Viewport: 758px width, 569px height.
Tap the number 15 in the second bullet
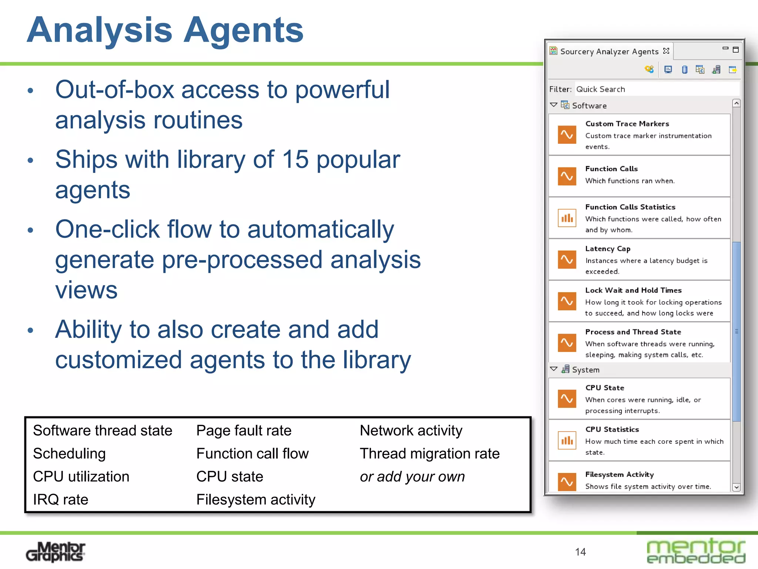[x=295, y=160]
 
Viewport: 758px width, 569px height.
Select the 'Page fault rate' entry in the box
[x=244, y=430]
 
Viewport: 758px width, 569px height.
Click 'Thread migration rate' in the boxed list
[x=429, y=453]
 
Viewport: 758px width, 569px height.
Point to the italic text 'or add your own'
[x=412, y=476]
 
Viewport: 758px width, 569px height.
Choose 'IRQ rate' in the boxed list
[x=60, y=499]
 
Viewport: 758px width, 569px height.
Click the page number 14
[x=580, y=552]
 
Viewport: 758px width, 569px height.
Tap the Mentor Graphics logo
[x=56, y=552]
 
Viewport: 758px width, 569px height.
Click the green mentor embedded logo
[x=696, y=551]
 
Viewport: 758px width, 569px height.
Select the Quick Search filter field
[x=655, y=89]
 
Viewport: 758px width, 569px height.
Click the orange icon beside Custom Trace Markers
[x=567, y=134]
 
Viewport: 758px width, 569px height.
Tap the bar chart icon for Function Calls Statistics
[x=567, y=218]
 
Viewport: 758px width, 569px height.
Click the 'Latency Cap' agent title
[x=608, y=249]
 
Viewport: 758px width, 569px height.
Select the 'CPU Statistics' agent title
[x=612, y=429]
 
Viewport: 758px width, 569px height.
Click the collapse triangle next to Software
[x=553, y=105]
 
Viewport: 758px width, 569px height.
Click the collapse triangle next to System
[x=553, y=369]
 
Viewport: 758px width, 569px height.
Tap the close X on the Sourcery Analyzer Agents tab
[x=666, y=51]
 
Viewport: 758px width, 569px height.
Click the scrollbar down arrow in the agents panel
[x=736, y=487]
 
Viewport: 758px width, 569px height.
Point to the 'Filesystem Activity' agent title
[x=619, y=475]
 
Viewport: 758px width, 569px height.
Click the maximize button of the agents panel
[x=736, y=50]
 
